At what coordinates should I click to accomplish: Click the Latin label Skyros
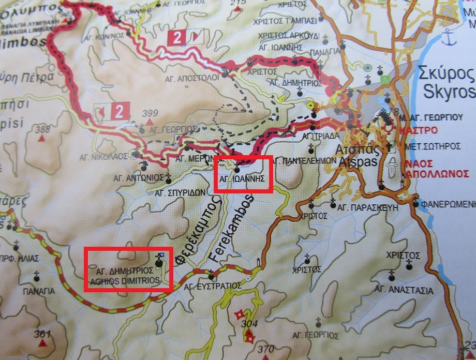(x=449, y=92)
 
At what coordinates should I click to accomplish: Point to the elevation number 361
(x=42, y=334)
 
